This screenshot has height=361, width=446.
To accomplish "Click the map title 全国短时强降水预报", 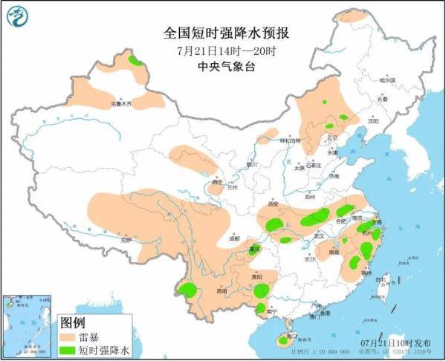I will click(226, 33).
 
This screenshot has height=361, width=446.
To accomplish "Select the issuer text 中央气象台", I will click(227, 67).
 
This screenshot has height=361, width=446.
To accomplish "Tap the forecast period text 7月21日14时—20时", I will click(227, 51).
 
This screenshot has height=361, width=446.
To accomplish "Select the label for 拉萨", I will click(127, 240).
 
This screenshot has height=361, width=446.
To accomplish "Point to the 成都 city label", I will click(235, 239).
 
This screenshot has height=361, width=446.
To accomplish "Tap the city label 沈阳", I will click(381, 120).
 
